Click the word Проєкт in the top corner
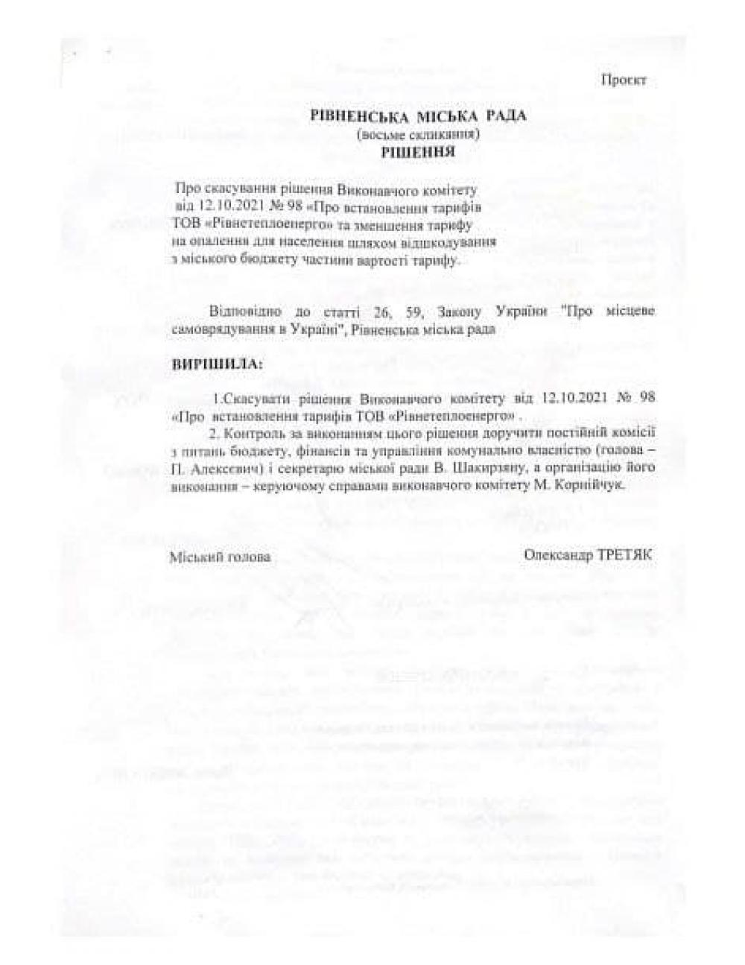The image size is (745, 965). tap(624, 80)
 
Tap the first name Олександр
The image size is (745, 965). tap(559, 554)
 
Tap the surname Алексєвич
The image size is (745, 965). tap(229, 469)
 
